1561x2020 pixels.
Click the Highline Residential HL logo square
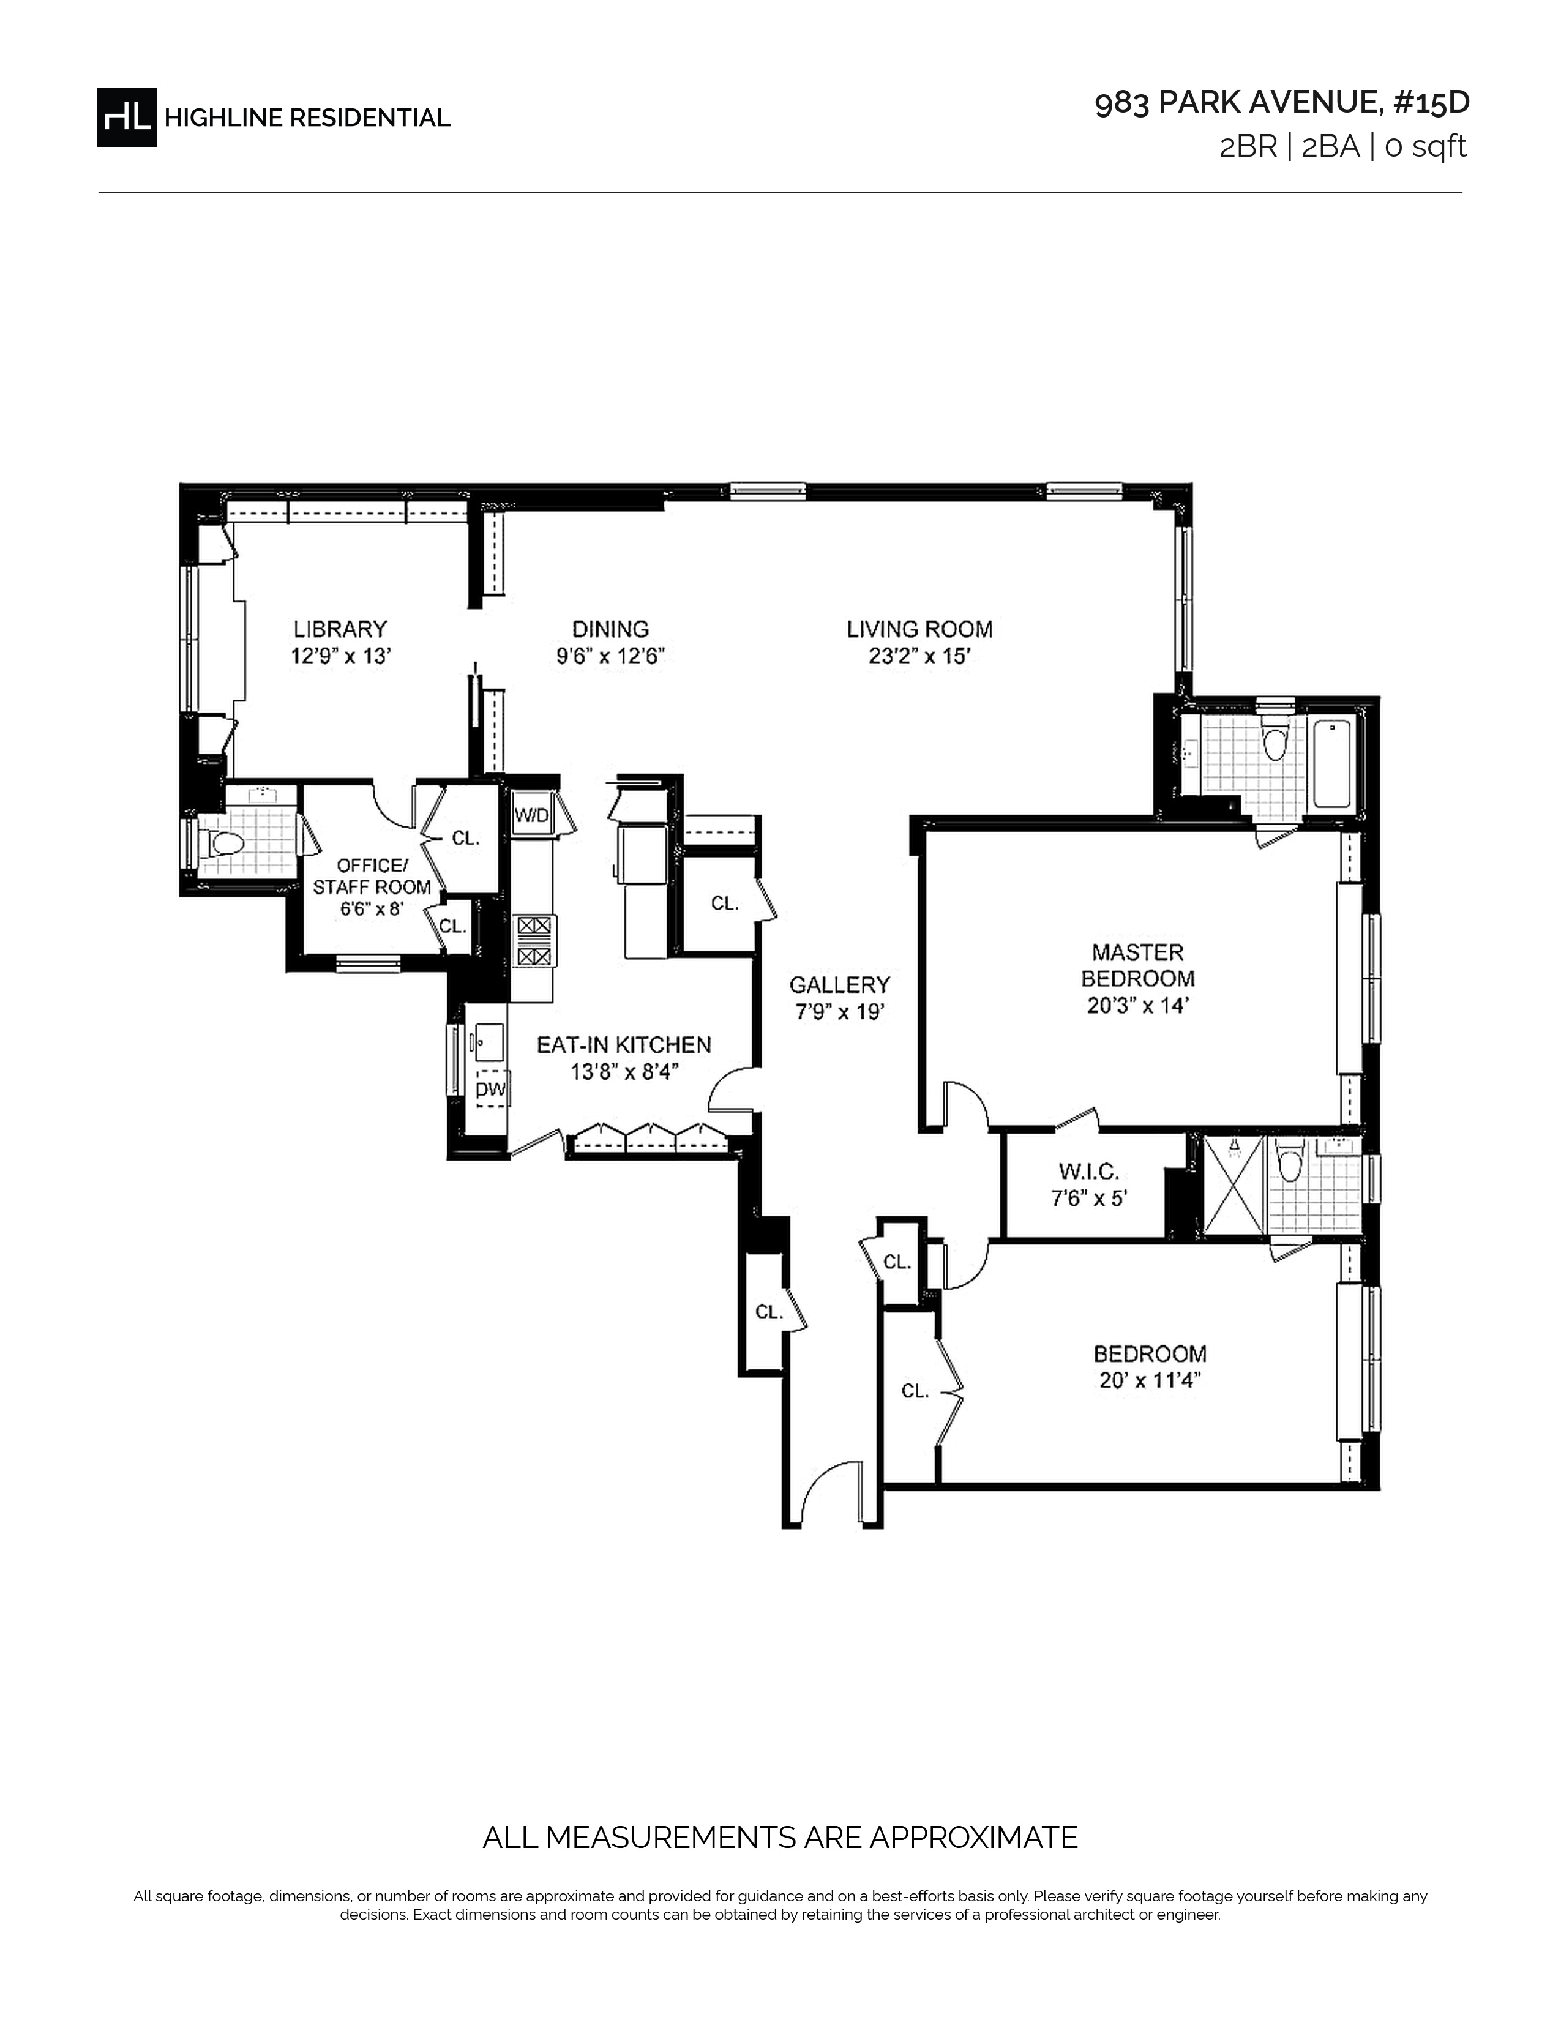(x=127, y=116)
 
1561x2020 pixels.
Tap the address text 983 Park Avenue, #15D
(x=1282, y=103)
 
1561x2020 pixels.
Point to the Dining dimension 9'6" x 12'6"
(x=610, y=657)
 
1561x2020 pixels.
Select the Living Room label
(x=919, y=629)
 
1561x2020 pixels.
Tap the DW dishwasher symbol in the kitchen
(x=491, y=1090)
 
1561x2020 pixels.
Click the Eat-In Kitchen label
(x=624, y=1045)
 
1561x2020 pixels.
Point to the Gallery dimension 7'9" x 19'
(x=840, y=1012)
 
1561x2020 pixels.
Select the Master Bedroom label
(x=1137, y=965)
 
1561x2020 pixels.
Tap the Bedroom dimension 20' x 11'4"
(x=1150, y=1381)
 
